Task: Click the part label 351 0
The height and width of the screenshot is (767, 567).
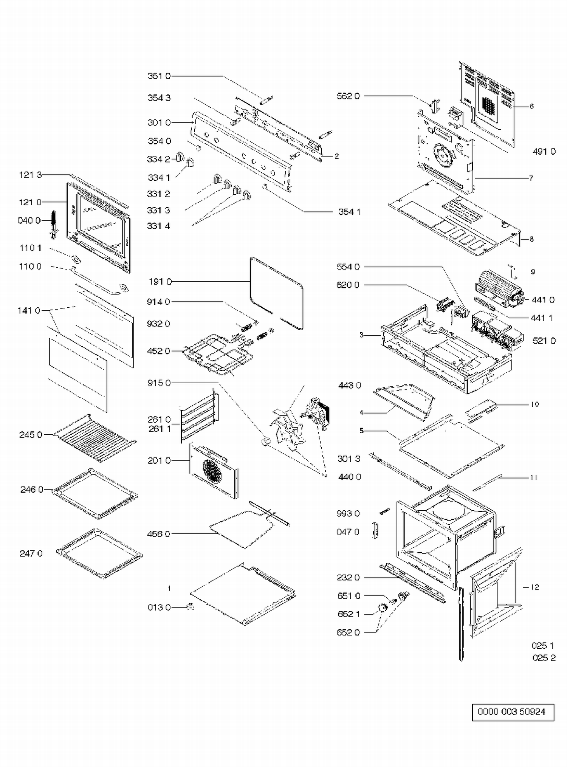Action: pyautogui.click(x=159, y=76)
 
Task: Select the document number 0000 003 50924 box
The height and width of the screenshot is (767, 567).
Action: pyautogui.click(x=513, y=712)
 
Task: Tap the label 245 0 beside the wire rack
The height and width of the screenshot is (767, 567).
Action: pyautogui.click(x=31, y=435)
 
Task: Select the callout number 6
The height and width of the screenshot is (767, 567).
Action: pyautogui.click(x=531, y=106)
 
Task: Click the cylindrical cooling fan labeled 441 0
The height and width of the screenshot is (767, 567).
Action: pyautogui.click(x=498, y=288)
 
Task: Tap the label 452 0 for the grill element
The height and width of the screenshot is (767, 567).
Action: pyautogui.click(x=158, y=351)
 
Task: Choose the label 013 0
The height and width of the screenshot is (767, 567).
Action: pyautogui.click(x=159, y=607)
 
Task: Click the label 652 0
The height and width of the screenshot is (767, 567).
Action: pyautogui.click(x=348, y=632)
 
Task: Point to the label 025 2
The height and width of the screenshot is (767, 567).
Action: pyautogui.click(x=544, y=658)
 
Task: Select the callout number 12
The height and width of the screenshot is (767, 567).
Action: pyautogui.click(x=535, y=587)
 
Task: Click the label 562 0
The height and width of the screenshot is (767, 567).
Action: pyautogui.click(x=348, y=96)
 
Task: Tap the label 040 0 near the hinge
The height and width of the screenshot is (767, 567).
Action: pyautogui.click(x=29, y=220)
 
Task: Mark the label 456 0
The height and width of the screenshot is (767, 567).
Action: pyautogui.click(x=158, y=534)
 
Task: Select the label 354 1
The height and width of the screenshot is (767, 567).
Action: pyautogui.click(x=349, y=212)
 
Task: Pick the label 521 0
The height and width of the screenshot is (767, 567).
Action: pyautogui.click(x=544, y=341)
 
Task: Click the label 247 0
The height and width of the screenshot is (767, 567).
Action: pyautogui.click(x=31, y=554)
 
